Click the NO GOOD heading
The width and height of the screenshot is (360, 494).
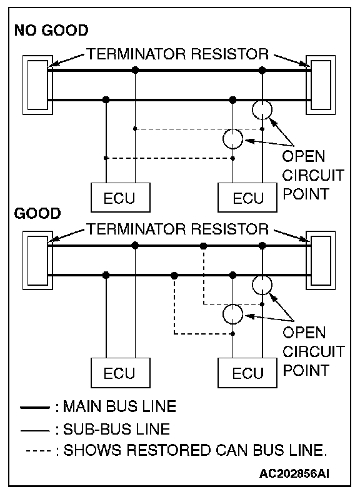pos(51,31)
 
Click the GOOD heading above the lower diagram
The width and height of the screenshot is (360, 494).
pos(37,213)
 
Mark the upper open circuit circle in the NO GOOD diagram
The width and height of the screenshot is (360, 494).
pos(262,101)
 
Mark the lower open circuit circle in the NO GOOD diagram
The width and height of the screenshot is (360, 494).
pos(232,129)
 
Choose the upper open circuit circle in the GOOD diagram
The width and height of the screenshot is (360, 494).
pos(262,276)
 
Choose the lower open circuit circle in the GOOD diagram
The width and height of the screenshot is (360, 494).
pos(232,305)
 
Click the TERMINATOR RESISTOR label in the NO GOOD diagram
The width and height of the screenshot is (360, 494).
pos(177,54)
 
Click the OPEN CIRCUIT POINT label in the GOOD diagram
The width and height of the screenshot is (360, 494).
pos(313,351)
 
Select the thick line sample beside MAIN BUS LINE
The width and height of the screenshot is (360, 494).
pos(34,408)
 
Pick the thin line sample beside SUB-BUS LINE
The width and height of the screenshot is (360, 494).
pos(34,430)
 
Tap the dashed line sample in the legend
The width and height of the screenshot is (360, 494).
pos(38,451)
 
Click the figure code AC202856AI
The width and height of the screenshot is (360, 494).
pos(294,473)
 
